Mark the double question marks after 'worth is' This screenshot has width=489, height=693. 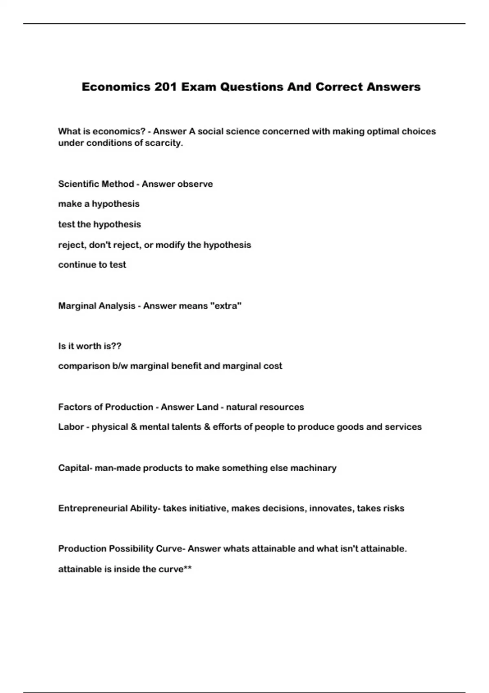click(x=116, y=346)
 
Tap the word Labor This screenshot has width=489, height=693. click(x=71, y=427)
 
